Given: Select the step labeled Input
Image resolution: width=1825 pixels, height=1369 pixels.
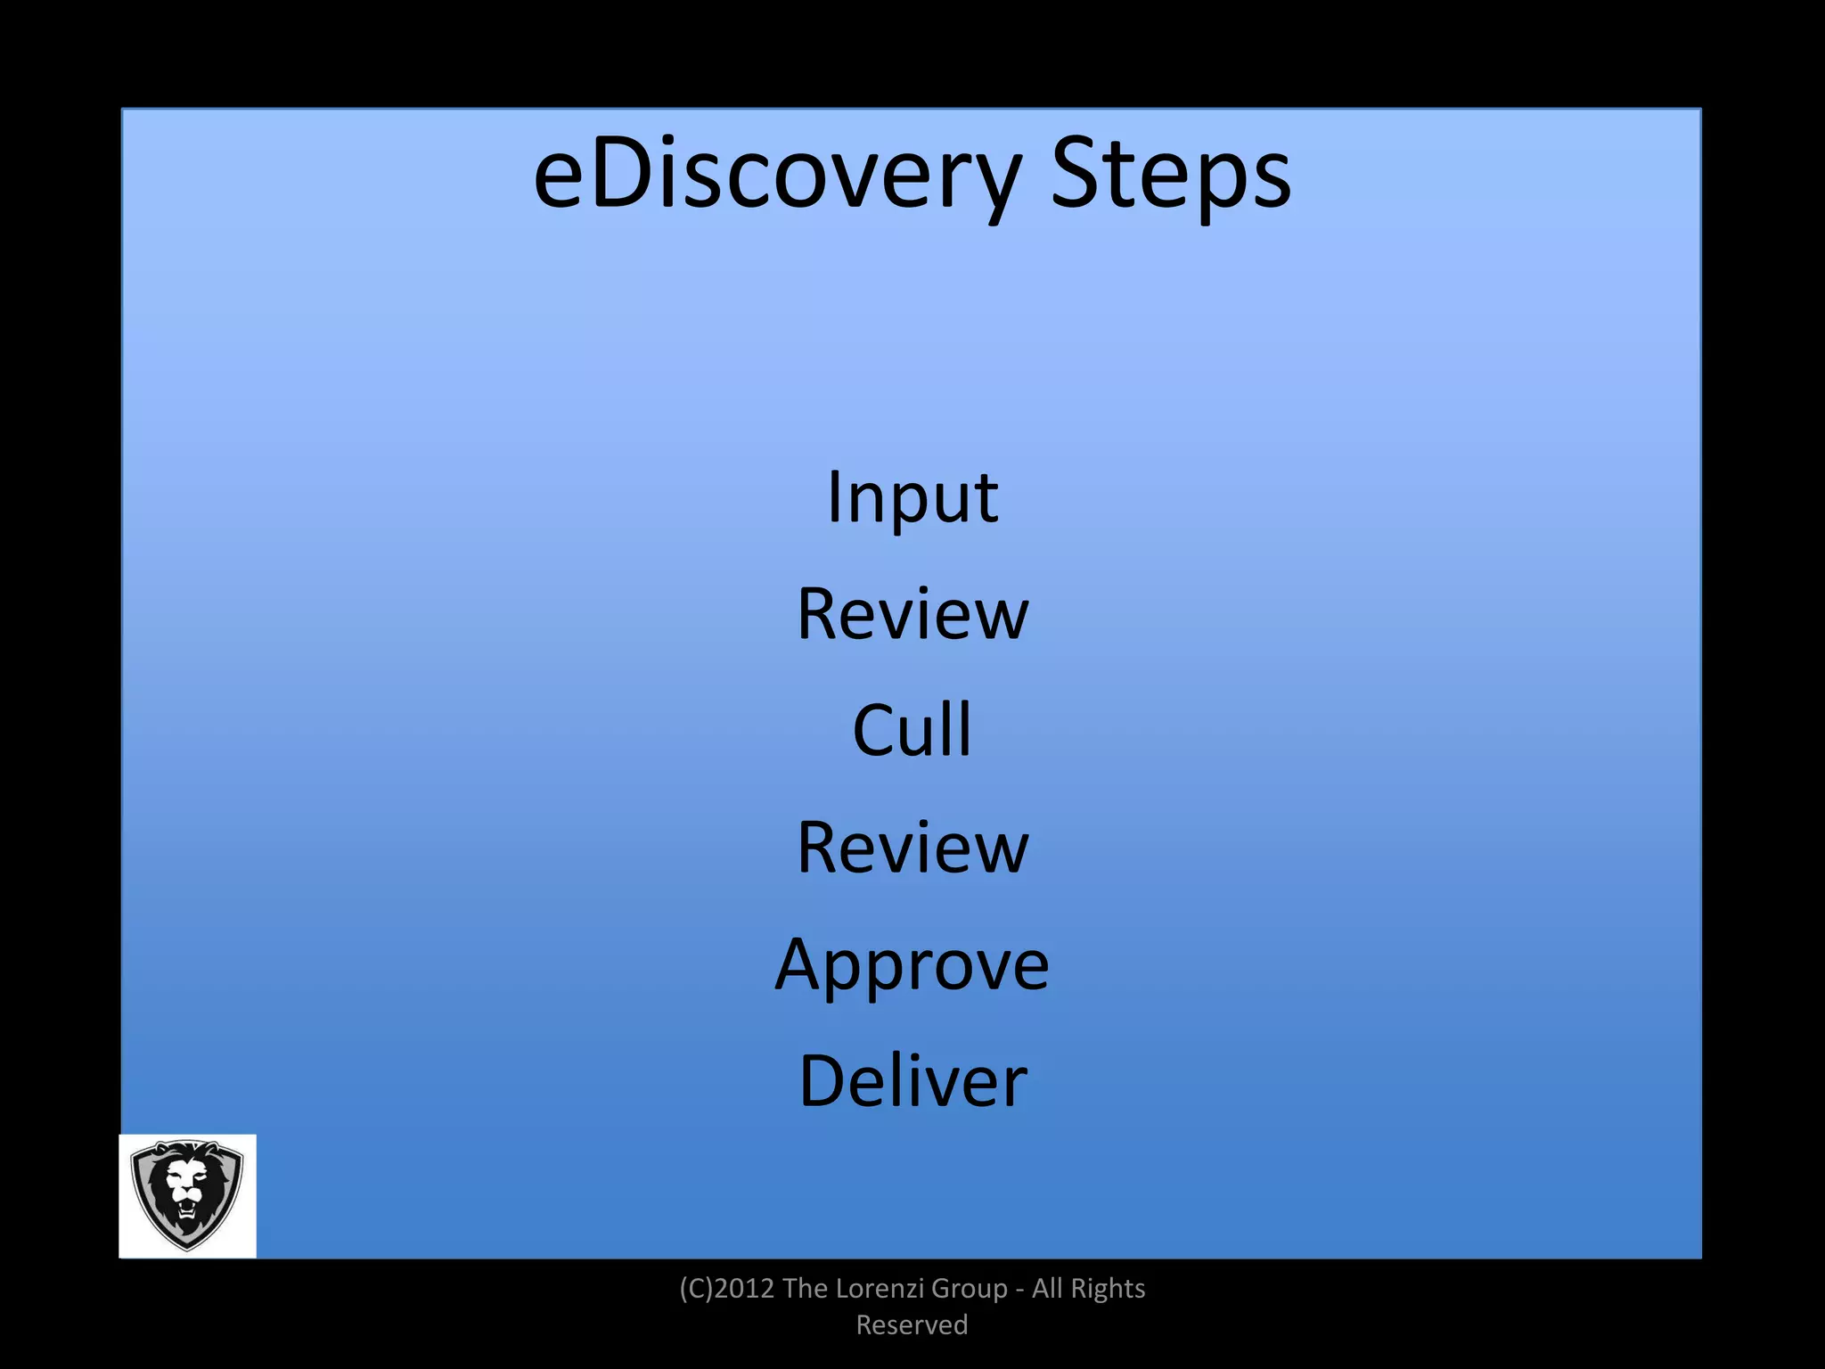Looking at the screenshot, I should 912,497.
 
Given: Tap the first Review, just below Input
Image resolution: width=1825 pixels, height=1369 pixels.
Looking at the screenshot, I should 912,614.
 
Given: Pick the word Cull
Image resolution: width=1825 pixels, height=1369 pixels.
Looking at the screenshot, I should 912,730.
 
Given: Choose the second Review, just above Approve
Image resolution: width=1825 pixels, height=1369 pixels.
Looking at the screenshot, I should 912,848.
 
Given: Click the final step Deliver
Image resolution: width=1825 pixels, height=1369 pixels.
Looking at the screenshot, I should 912,1081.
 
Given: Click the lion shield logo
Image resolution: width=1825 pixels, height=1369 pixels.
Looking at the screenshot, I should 187,1195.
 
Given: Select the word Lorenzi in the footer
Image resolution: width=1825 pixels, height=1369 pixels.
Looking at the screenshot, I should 878,1289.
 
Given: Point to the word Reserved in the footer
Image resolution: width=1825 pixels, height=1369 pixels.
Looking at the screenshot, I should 912,1325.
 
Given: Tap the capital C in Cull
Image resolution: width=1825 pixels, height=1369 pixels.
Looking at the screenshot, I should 874,730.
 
